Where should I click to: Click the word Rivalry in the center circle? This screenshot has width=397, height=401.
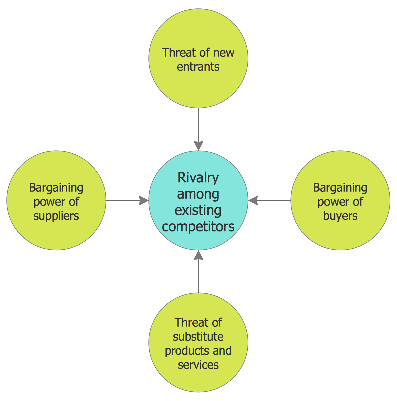198,178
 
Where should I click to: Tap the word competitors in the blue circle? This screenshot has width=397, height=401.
198,226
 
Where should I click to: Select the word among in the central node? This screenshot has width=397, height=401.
198,194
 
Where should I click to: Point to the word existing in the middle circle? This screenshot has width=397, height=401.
198,210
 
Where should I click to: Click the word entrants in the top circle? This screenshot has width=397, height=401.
198,67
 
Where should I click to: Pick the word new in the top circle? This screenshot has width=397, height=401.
224,53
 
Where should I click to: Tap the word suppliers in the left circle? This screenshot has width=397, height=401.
56,216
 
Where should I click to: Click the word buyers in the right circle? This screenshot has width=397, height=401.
340,216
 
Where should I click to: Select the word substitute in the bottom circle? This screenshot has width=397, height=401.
198,336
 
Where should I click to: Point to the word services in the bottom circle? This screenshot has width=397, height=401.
198,365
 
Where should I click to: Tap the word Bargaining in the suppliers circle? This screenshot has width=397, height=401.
56,188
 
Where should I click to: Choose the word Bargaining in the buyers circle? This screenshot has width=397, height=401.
340,188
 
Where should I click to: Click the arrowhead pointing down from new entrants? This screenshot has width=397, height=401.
198,146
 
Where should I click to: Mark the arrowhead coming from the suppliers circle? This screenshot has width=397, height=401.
144,200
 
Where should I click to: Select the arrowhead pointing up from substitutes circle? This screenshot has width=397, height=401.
198,255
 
